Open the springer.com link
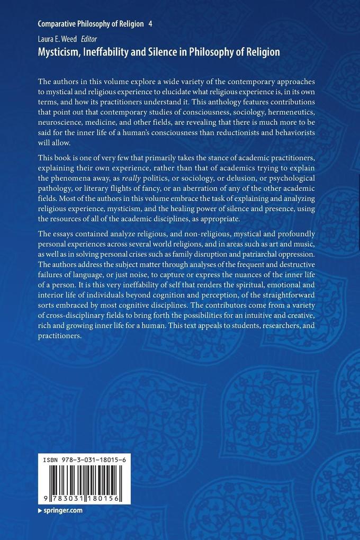pyautogui.click(x=64, y=510)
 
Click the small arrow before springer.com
pyautogui.click(x=40, y=510)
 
